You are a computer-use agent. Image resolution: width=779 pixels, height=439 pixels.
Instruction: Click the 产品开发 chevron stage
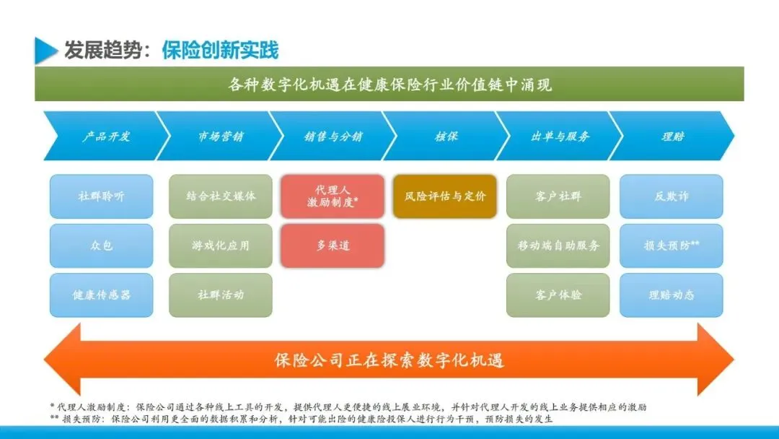tap(105, 136)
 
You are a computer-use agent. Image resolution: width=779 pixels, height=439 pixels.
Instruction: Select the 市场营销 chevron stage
tap(220, 136)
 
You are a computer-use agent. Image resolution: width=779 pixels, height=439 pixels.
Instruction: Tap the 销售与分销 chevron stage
tap(333, 136)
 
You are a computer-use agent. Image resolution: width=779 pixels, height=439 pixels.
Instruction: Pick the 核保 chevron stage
tap(446, 136)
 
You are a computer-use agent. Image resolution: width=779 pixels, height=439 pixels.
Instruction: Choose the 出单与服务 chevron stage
tap(560, 136)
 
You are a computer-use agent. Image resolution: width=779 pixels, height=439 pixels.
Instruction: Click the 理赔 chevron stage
tap(672, 136)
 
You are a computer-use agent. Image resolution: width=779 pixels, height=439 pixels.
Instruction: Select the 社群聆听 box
tap(101, 196)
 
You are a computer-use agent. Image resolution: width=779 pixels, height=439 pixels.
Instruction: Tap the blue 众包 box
tap(101, 245)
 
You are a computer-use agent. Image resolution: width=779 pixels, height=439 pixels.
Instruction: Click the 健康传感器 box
tap(101, 295)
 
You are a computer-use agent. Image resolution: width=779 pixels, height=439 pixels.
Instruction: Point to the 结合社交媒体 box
tap(221, 196)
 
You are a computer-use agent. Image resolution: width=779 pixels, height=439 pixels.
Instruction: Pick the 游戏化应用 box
tap(221, 245)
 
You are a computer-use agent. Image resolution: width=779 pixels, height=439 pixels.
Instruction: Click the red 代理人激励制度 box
tap(333, 196)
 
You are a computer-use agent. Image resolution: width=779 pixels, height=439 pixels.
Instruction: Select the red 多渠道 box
tap(333, 245)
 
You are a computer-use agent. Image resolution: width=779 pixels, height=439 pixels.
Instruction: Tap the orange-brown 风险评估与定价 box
tap(445, 196)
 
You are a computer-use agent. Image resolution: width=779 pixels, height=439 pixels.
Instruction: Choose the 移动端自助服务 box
tap(558, 245)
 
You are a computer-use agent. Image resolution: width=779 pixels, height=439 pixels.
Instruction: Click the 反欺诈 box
tap(672, 196)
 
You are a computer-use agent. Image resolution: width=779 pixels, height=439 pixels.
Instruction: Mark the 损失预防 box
tap(672, 245)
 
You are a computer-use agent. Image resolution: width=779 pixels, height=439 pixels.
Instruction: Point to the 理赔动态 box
tap(672, 295)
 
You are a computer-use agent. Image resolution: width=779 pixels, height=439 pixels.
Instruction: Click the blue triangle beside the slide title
tap(45, 50)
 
